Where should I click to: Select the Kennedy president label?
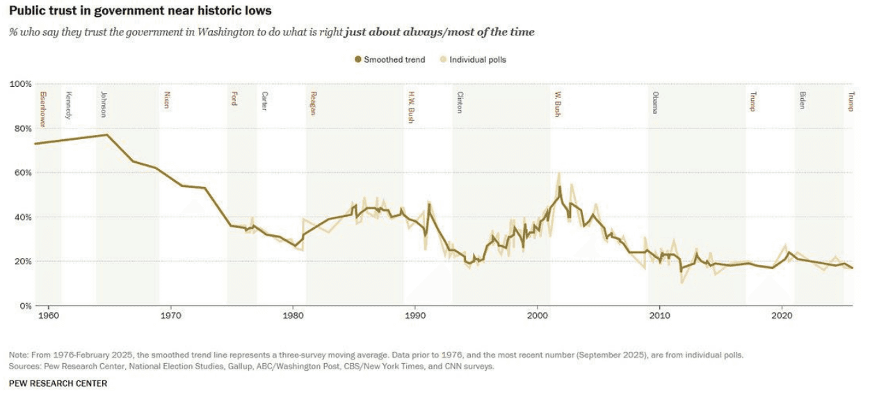68,105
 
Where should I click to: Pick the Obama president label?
655,102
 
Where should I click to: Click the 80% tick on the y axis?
20,129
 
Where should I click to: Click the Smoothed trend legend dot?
358,60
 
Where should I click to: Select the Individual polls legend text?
478,60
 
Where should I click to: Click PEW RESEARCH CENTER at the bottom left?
58,383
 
